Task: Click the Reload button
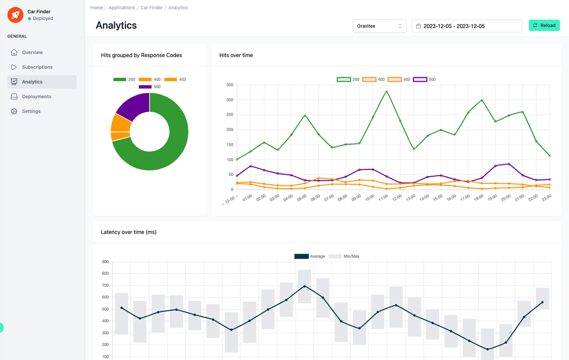[544, 25]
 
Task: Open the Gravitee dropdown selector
[379, 26]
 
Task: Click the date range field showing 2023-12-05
[466, 26]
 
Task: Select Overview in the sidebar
[32, 52]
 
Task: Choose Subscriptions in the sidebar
[37, 67]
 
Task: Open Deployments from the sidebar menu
[36, 97]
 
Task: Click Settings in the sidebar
[31, 111]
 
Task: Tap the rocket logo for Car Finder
[15, 15]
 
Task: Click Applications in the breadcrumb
[122, 7]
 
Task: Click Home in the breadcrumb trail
[97, 7]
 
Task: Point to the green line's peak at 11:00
[386, 91]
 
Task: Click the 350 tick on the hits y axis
[230, 85]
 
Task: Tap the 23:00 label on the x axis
[547, 198]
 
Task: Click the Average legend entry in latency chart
[310, 256]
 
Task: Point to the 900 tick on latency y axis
[105, 262]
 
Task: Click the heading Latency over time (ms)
[128, 232]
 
